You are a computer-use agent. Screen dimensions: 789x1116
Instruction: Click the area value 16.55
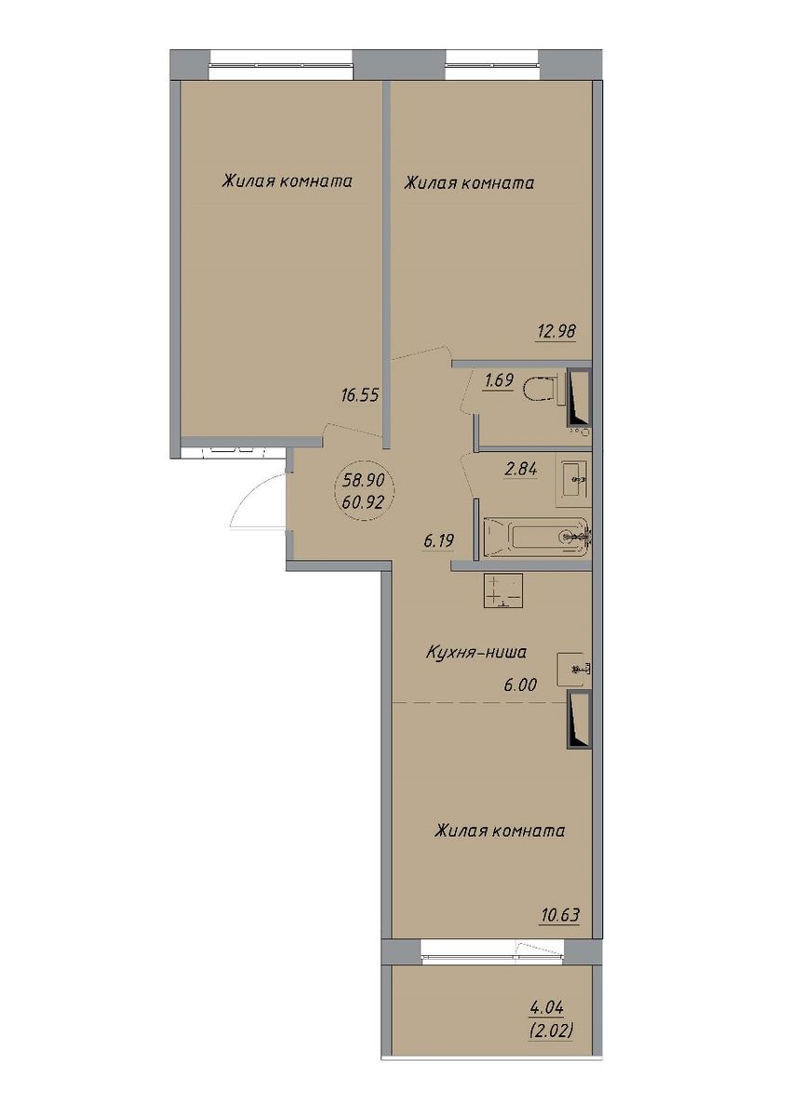tap(360, 395)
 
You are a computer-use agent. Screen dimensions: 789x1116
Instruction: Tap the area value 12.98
tap(556, 331)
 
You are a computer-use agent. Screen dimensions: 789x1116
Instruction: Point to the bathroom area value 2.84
tap(521, 470)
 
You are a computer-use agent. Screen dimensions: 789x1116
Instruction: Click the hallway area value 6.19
tap(438, 540)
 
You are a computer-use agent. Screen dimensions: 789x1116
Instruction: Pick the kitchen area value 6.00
tap(520, 685)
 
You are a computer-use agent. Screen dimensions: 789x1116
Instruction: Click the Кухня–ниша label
tap(476, 652)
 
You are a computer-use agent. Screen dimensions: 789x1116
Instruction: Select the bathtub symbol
tap(537, 538)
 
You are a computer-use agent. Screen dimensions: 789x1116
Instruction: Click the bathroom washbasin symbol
tap(574, 480)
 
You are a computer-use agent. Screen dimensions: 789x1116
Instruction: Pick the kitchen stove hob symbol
tap(502, 591)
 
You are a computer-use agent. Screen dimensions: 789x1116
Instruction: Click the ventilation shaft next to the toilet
tap(579, 398)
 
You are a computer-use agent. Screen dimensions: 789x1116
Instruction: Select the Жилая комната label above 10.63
tap(500, 831)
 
